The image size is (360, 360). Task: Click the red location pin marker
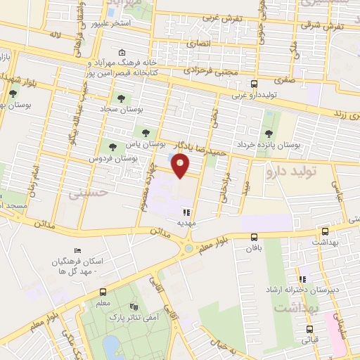tap(181, 165)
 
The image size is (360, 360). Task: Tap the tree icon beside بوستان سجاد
tap(121, 99)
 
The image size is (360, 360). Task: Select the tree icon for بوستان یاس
tap(146, 131)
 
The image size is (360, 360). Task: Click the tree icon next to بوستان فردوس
tap(112, 147)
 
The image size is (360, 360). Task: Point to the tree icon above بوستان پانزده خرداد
tap(268, 134)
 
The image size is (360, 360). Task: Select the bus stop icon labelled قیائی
tap(309, 328)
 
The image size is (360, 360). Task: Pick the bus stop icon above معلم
tap(103, 292)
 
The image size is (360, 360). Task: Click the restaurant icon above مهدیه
tap(185, 211)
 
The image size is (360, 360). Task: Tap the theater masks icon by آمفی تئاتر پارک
tap(134, 307)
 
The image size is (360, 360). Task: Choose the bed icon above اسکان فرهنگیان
tap(77, 250)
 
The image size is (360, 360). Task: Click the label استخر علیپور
tap(112, 23)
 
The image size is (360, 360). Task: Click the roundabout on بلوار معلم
tap(188, 247)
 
